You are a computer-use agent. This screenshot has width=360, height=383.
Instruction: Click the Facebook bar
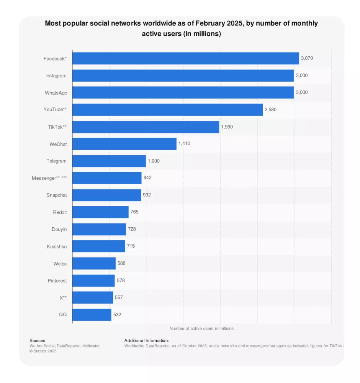click(x=185, y=58)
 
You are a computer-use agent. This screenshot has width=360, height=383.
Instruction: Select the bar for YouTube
click(x=167, y=110)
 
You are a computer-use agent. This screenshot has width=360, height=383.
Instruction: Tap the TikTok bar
click(x=146, y=127)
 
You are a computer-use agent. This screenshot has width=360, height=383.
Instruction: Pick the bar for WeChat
click(x=124, y=144)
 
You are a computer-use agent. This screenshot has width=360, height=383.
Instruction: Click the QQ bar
click(x=92, y=315)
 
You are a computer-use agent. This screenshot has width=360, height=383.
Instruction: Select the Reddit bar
click(x=100, y=212)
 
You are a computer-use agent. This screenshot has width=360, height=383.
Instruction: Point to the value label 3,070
click(x=307, y=58)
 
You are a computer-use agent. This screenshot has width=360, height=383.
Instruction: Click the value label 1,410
click(x=184, y=144)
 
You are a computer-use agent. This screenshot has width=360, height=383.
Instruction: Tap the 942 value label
click(x=147, y=178)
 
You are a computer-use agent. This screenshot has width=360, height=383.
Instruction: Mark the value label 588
click(x=121, y=263)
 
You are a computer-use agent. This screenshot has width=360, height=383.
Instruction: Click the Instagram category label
click(x=56, y=76)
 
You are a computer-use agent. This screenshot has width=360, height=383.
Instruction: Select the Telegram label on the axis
click(x=57, y=161)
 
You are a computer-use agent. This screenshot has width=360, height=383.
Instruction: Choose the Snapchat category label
click(x=57, y=195)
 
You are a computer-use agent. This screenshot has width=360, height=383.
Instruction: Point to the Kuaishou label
click(x=57, y=247)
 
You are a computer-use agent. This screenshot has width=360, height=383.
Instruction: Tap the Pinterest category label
click(x=57, y=281)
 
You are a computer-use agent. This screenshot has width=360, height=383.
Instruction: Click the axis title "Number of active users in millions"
click(x=201, y=329)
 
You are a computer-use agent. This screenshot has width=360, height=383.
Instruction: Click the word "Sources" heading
click(x=37, y=340)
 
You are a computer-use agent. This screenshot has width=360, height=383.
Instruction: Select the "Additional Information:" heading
click(x=147, y=340)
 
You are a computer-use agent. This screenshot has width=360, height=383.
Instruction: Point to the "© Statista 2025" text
click(x=43, y=351)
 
